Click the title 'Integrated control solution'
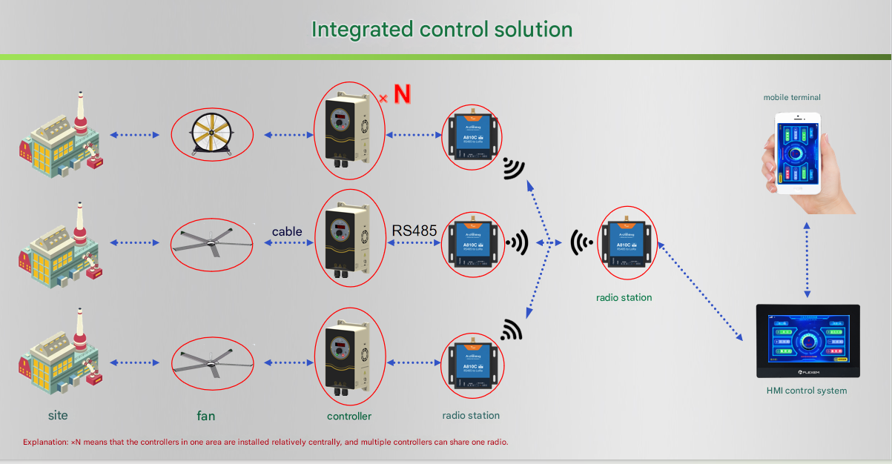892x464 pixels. [441, 30]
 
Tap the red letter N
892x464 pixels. [401, 94]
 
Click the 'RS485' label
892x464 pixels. [414, 230]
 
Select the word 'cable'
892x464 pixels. [287, 231]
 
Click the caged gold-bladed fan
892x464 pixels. [211, 134]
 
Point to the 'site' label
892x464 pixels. [58, 415]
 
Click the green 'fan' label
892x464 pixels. [206, 416]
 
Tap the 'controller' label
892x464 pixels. [349, 416]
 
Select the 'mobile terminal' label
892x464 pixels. [792, 97]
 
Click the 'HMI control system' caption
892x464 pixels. [806, 391]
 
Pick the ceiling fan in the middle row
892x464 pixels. [211, 243]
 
